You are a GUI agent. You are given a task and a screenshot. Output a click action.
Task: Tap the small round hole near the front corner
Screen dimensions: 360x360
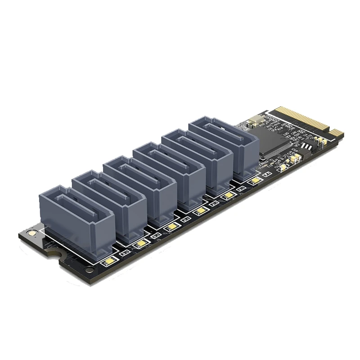90,270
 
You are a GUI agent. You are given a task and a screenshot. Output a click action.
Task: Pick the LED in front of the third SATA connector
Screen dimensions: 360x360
170,228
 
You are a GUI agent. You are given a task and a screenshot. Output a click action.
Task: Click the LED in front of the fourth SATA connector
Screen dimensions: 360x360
198,211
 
